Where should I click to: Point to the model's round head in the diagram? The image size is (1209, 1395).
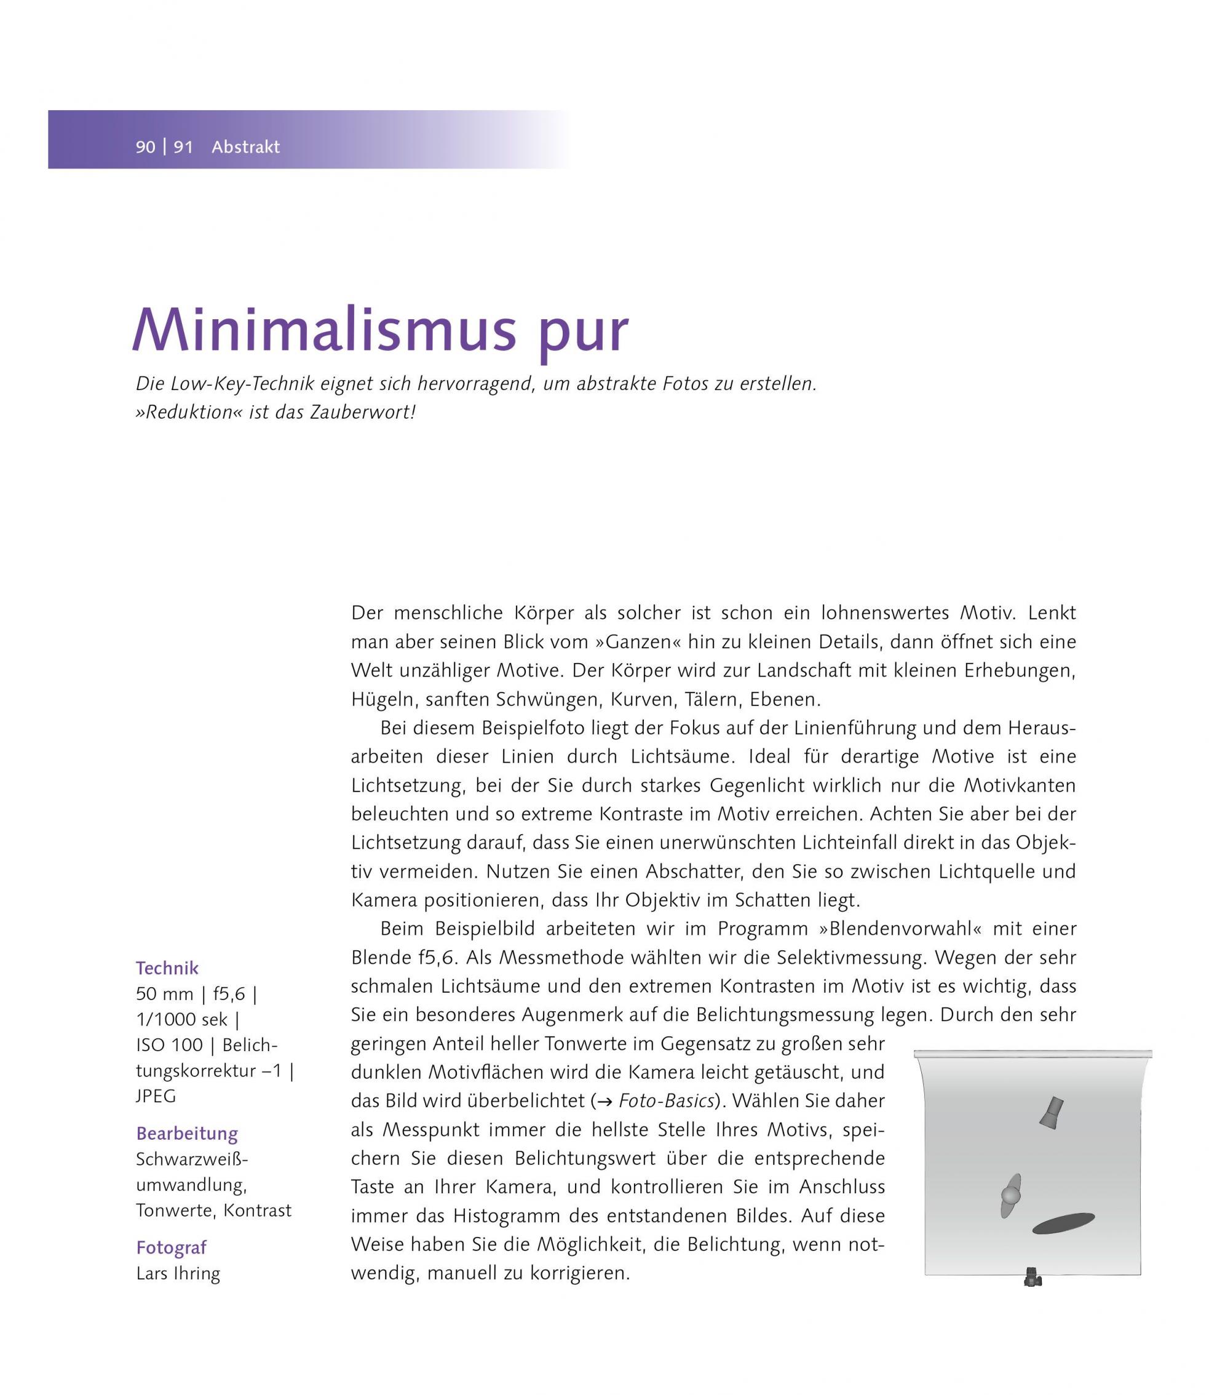tap(1010, 1196)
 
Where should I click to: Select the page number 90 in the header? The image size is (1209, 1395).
tap(145, 147)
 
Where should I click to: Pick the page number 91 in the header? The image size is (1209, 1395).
tap(183, 147)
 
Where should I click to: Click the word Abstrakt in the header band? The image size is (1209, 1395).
tap(245, 147)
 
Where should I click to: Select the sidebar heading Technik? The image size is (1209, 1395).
tap(167, 969)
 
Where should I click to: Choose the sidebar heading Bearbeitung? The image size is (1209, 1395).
tap(187, 1133)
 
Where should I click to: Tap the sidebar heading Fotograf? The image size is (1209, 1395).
tap(172, 1247)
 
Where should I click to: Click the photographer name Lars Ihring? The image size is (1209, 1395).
tap(178, 1273)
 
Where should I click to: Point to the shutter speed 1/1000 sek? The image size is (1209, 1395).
tap(181, 1020)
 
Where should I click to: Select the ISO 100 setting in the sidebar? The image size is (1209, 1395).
tap(168, 1046)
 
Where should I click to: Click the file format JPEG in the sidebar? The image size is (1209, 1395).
tap(156, 1096)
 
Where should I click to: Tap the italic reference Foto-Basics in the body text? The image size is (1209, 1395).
tap(666, 1101)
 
